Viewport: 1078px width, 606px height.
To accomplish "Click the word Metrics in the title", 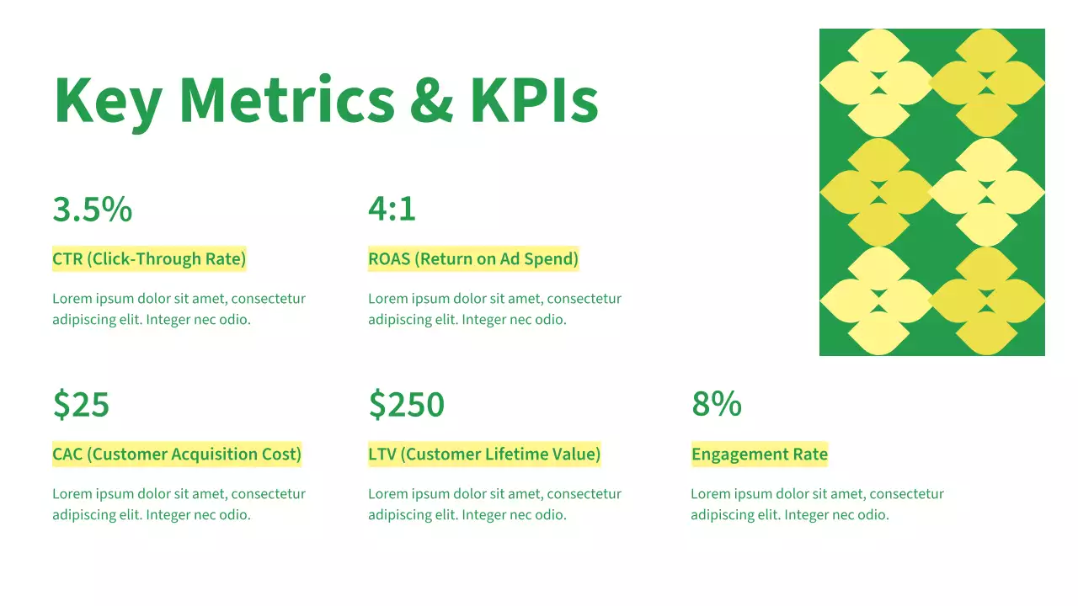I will [286, 99].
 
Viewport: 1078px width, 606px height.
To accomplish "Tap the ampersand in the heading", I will [431, 99].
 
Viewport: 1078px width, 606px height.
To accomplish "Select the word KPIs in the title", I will [534, 99].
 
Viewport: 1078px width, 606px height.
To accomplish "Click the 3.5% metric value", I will [92, 210].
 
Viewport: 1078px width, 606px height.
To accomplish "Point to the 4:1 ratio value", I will [392, 210].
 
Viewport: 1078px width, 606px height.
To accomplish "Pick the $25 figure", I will [81, 405].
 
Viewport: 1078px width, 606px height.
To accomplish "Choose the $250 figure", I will [406, 405].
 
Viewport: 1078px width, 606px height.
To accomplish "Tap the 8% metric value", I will [716, 405].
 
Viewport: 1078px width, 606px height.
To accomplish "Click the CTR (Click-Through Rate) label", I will [149, 259].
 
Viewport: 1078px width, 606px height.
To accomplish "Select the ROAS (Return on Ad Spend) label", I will [473, 259].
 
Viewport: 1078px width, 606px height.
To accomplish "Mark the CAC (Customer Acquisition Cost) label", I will [177, 454].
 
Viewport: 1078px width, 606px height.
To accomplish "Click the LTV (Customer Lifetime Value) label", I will [484, 454].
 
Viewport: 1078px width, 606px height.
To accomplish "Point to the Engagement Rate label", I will [760, 454].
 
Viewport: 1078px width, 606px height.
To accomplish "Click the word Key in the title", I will [107, 101].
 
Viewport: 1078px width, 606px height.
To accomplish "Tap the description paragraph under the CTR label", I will [179, 309].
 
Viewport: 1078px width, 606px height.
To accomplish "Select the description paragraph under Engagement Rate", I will [817, 504].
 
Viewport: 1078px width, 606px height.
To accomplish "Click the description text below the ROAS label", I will [494, 309].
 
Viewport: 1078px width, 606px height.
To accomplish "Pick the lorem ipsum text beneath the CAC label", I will [179, 504].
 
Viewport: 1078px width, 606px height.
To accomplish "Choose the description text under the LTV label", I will [494, 504].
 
